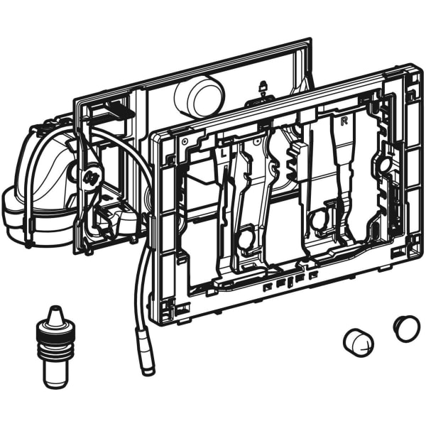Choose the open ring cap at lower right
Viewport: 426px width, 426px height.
pos(407,327)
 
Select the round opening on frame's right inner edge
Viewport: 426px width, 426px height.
pos(385,165)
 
